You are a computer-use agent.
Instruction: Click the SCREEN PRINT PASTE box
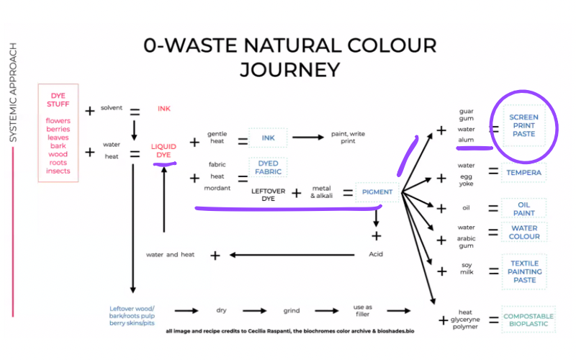(523, 127)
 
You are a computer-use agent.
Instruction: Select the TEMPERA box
(524, 172)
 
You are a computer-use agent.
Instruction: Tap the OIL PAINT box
(524, 208)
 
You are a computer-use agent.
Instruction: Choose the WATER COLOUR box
(524, 233)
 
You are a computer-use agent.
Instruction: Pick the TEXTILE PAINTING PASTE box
(524, 271)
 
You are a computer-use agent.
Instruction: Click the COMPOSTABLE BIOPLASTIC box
(528, 320)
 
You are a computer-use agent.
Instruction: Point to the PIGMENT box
(377, 192)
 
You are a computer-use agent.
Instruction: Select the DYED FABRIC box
(267, 168)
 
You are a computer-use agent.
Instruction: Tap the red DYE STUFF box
(58, 132)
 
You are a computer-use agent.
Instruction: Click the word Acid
(376, 254)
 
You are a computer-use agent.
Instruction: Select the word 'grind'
(291, 311)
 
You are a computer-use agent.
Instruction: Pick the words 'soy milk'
(467, 271)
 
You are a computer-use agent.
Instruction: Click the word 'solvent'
(112, 107)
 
